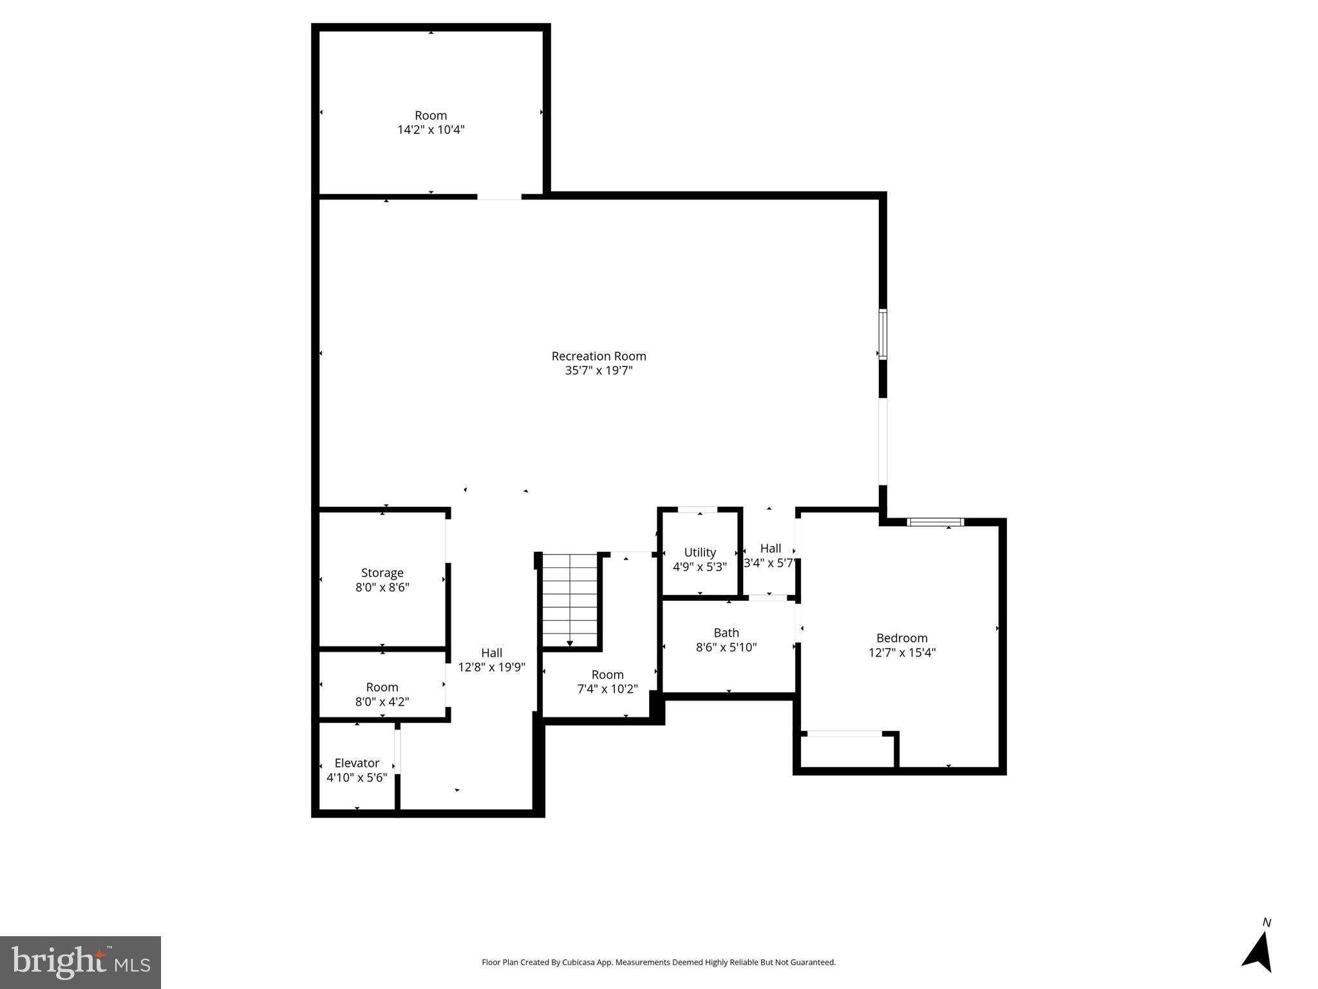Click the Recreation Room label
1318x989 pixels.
point(598,356)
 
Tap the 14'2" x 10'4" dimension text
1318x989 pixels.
point(431,129)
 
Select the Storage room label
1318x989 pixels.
point(382,572)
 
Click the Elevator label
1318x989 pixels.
point(357,763)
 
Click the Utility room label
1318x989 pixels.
point(699,552)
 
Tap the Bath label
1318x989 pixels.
point(726,633)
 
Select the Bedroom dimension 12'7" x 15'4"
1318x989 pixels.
point(901,652)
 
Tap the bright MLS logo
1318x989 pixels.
point(80,962)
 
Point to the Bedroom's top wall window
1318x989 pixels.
point(935,522)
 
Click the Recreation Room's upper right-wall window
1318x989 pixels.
point(883,334)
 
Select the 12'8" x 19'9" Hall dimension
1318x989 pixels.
point(491,667)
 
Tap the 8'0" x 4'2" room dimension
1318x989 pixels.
point(382,701)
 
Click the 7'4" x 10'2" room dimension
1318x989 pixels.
point(607,689)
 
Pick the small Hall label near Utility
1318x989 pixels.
point(770,549)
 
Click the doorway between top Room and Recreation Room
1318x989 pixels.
point(499,196)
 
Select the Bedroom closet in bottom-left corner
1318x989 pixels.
point(847,751)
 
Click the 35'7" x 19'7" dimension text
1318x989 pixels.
point(598,370)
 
